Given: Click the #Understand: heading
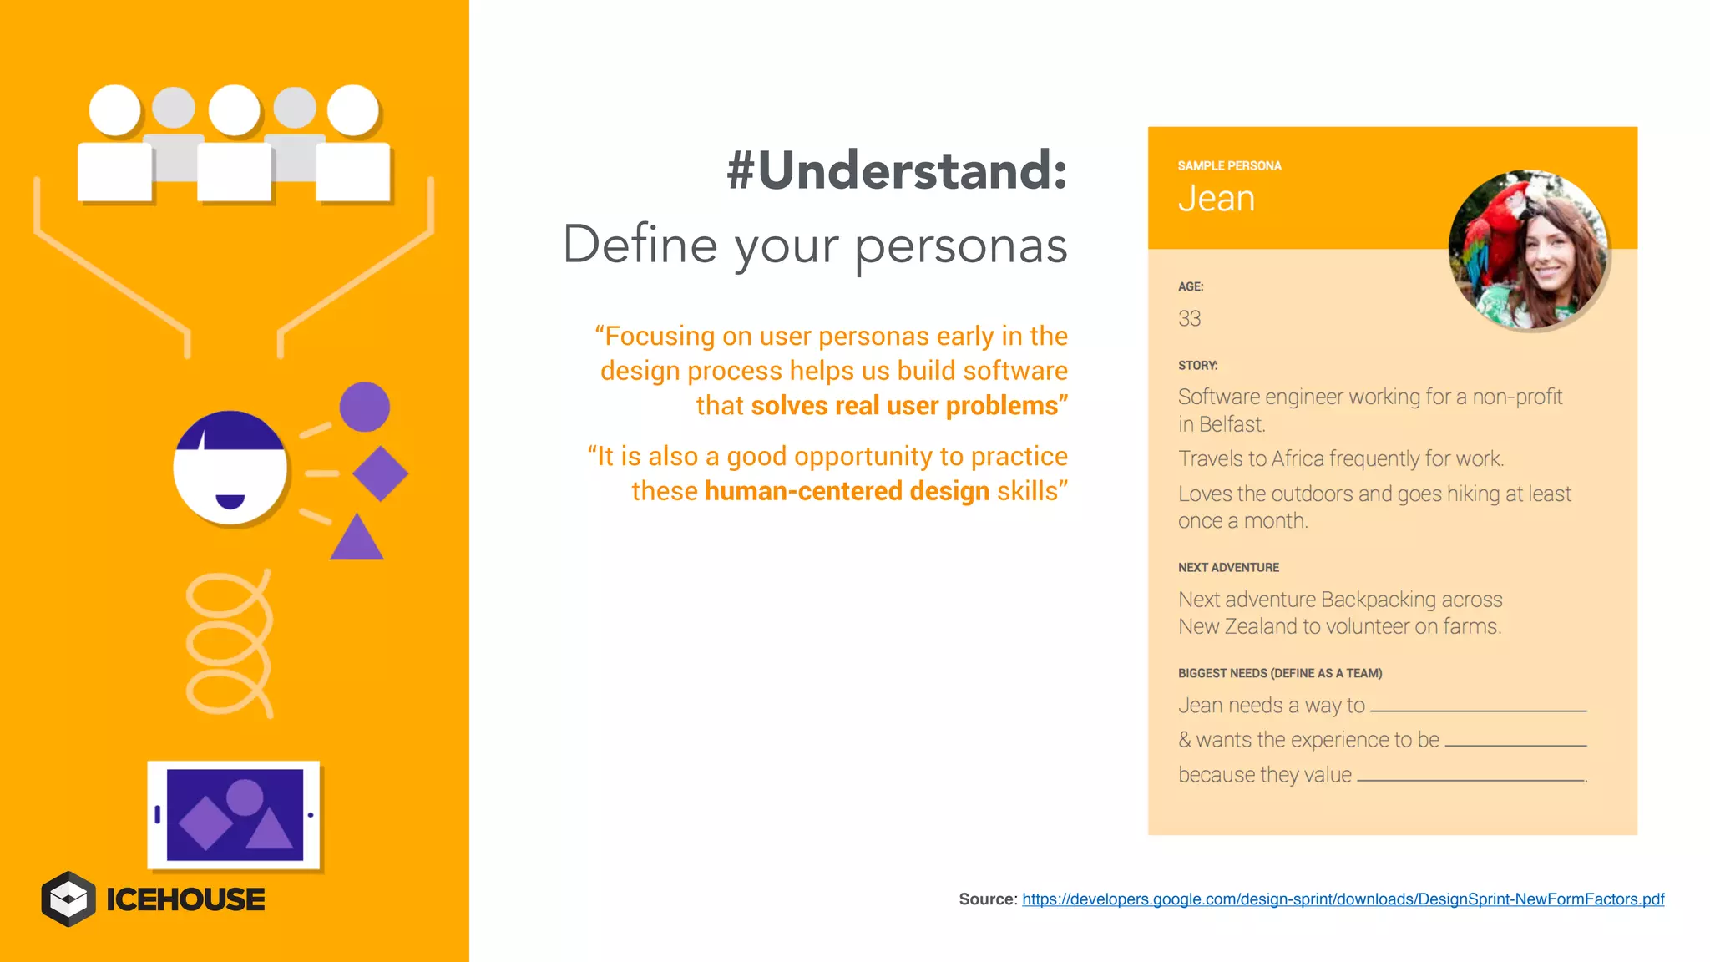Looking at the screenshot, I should tap(897, 170).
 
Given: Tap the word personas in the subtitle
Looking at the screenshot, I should tap(960, 246).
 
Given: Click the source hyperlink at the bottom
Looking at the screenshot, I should tap(1343, 899).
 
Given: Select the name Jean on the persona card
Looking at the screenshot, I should tap(1217, 199).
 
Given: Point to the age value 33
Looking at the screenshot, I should tap(1189, 318).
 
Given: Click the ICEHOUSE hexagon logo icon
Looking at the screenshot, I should tap(68, 899).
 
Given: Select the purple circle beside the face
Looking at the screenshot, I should tap(364, 407).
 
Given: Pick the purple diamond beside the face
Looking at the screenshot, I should tap(380, 473).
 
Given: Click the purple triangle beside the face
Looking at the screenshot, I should tap(357, 539).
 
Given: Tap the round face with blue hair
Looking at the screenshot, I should tap(230, 468).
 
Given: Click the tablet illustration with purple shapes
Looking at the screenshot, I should tap(234, 815).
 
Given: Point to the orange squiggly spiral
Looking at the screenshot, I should tap(228, 644).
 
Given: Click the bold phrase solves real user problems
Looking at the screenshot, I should tap(908, 406).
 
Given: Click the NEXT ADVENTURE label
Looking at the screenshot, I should tap(1228, 567).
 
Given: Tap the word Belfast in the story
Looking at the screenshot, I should tap(1232, 424).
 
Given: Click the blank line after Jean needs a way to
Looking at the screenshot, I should tap(1478, 708).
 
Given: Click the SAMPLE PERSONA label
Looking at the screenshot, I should tap(1229, 165).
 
